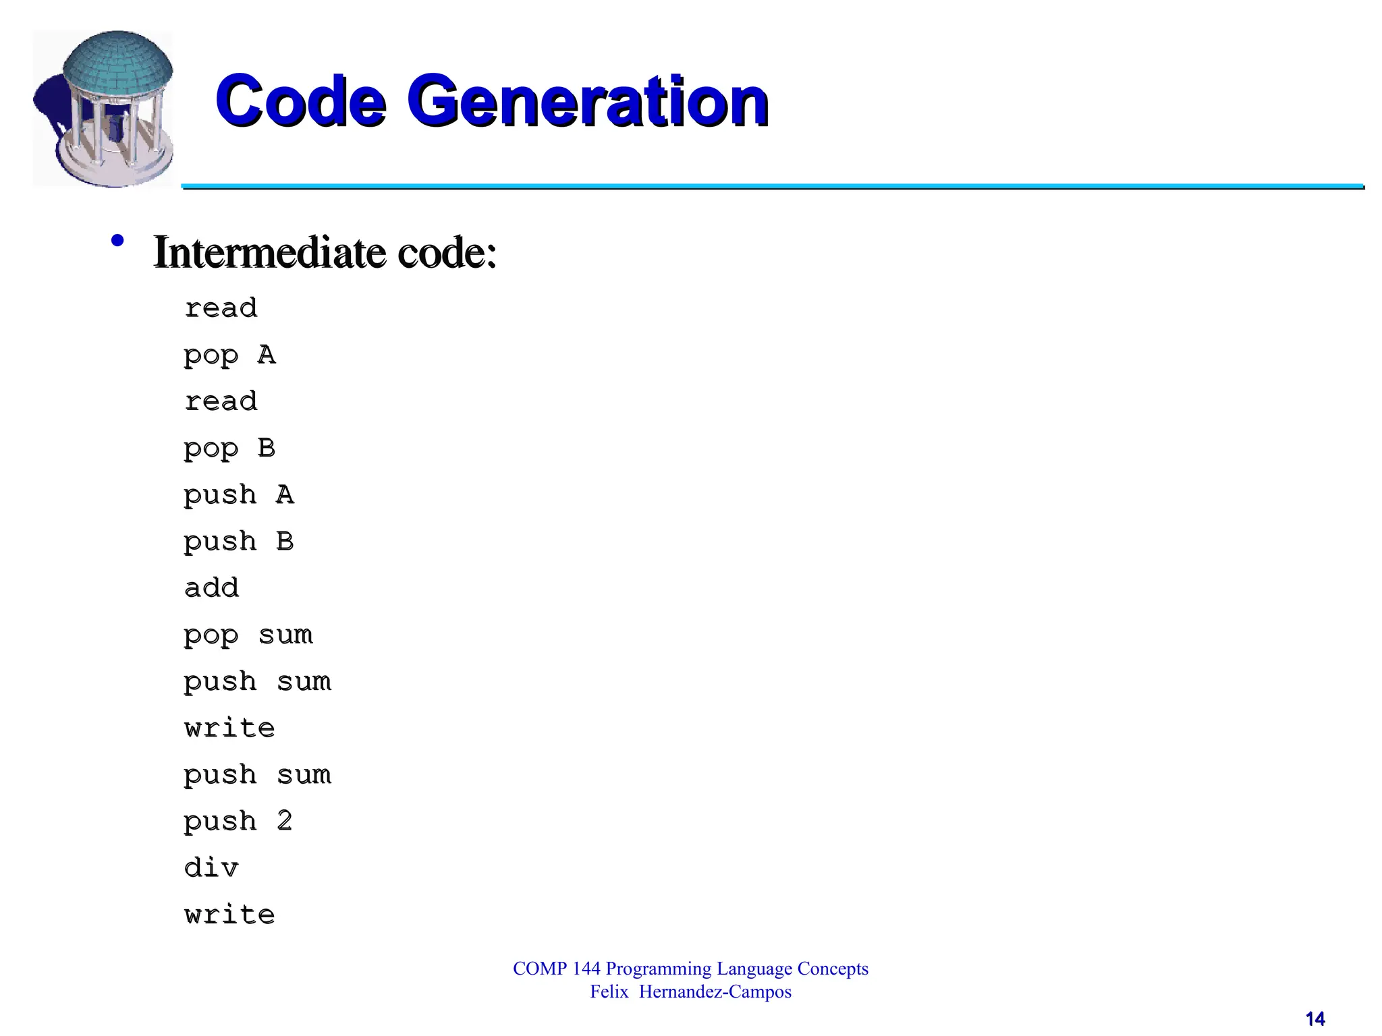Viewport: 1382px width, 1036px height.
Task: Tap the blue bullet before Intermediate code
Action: (117, 241)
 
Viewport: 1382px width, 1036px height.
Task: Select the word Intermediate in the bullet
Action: (269, 252)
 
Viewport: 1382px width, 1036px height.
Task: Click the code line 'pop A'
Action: (229, 355)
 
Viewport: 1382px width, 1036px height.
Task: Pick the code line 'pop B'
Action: (229, 449)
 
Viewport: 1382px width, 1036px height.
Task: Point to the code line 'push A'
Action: (239, 495)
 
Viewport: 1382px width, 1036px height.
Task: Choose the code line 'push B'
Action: (239, 542)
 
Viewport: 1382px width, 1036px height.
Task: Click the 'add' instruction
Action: (211, 588)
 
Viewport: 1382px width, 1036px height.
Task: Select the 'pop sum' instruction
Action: (248, 635)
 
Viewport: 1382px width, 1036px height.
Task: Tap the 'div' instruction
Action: (211, 868)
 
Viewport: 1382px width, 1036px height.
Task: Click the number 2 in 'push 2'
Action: (285, 821)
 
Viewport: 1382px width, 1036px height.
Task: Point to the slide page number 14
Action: (1315, 1018)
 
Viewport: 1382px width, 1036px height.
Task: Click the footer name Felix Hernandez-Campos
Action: (690, 991)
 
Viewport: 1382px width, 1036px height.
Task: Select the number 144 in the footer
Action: (586, 969)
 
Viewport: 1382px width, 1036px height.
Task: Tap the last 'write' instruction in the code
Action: (229, 915)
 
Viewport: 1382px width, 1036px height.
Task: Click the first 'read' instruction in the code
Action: (221, 308)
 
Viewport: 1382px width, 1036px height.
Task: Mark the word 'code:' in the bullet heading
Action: (447, 252)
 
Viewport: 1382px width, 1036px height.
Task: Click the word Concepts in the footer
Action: (833, 969)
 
